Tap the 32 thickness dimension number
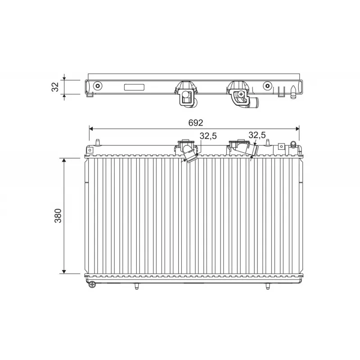pyautogui.click(x=55, y=87)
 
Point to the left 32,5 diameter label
pyautogui.click(x=208, y=135)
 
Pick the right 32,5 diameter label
pyautogui.click(x=257, y=135)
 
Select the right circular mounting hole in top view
pyautogui.click(x=268, y=86)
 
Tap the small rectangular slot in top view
pyautogui.click(x=134, y=88)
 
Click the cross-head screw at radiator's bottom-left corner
pyautogui.click(x=92, y=284)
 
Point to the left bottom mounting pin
pyautogui.click(x=135, y=286)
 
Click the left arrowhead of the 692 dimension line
pyautogui.click(x=91, y=129)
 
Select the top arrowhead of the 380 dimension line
pyautogui.click(x=64, y=161)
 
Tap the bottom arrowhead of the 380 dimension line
pyautogui.click(x=64, y=271)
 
